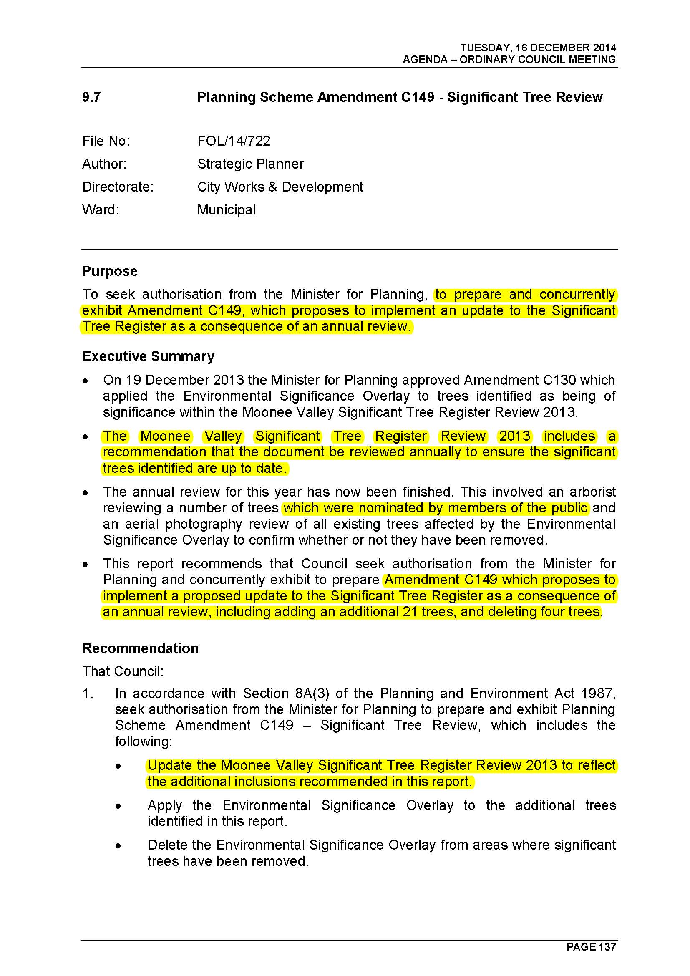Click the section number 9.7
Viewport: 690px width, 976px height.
(x=91, y=97)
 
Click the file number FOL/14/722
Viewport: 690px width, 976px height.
(x=234, y=141)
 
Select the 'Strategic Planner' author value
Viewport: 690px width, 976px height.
(x=250, y=164)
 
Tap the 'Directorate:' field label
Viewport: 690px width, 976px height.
(x=118, y=187)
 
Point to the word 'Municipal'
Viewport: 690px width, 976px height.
(x=226, y=210)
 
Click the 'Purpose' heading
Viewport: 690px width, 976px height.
(x=110, y=271)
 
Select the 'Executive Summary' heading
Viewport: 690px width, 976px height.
(x=148, y=356)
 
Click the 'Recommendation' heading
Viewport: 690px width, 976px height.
(x=140, y=648)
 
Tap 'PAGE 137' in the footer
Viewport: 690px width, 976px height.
(x=591, y=947)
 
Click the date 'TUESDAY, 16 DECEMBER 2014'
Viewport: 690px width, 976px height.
(x=538, y=48)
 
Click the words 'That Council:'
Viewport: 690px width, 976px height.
(x=123, y=671)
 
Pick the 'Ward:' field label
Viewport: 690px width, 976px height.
(x=101, y=210)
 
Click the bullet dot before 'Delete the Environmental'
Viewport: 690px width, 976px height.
(x=118, y=846)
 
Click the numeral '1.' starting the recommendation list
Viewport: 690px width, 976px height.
(x=88, y=694)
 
